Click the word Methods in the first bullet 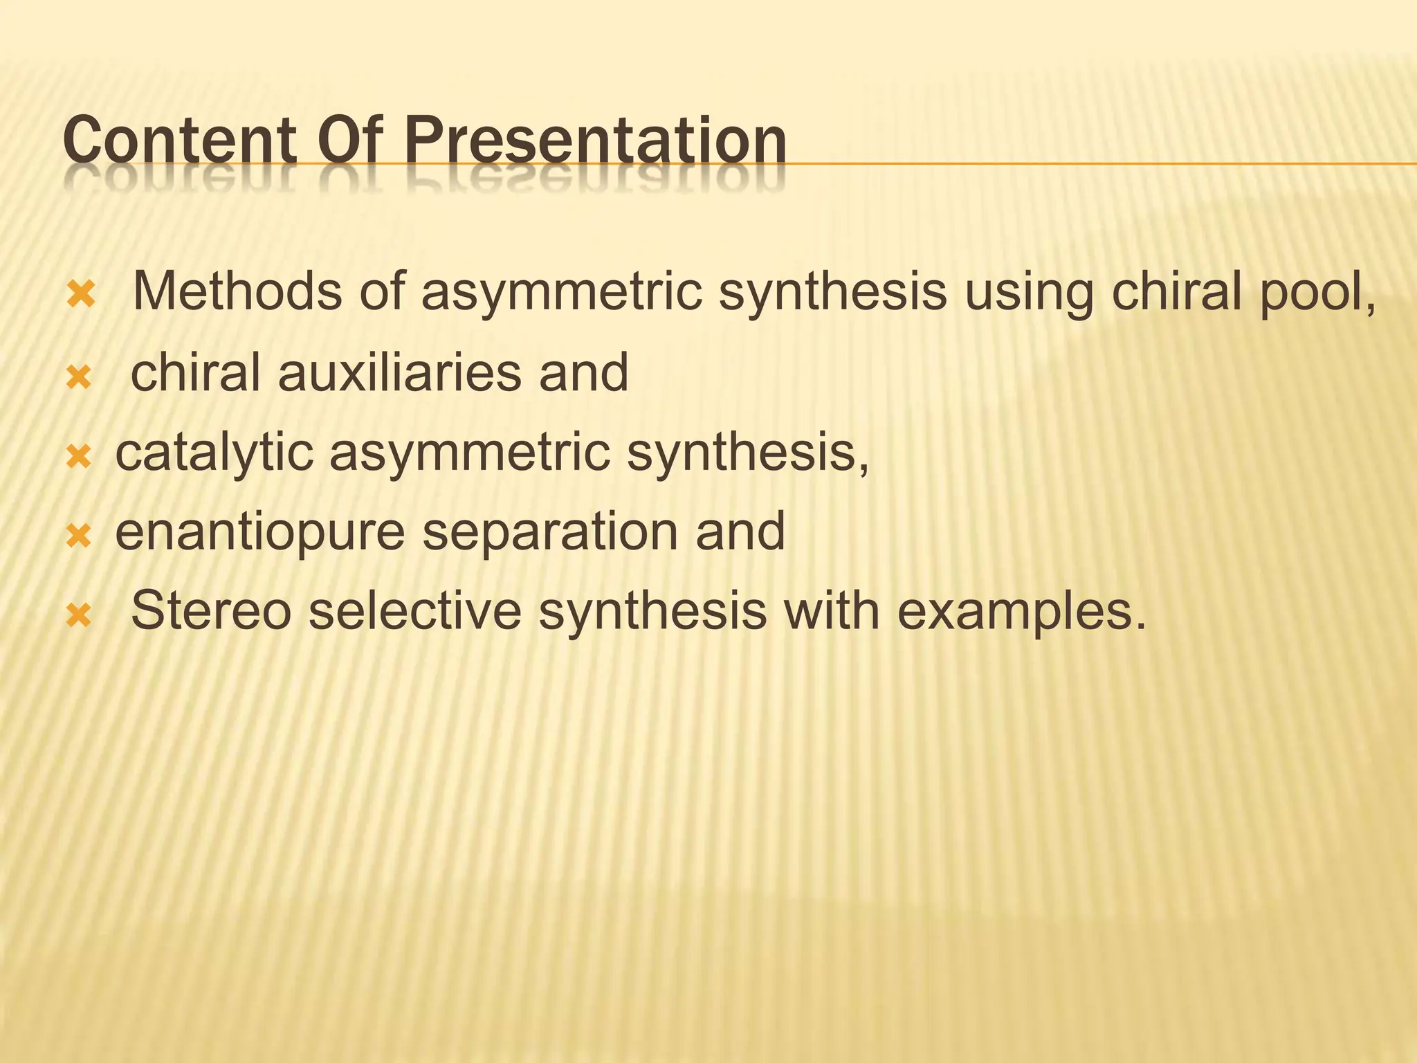pyautogui.click(x=236, y=291)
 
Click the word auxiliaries pyautogui.click(x=400, y=372)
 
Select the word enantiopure pyautogui.click(x=259, y=534)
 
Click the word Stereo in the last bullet pyautogui.click(x=211, y=611)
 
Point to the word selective pyautogui.click(x=414, y=611)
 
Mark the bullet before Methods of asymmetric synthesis pyautogui.click(x=81, y=296)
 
